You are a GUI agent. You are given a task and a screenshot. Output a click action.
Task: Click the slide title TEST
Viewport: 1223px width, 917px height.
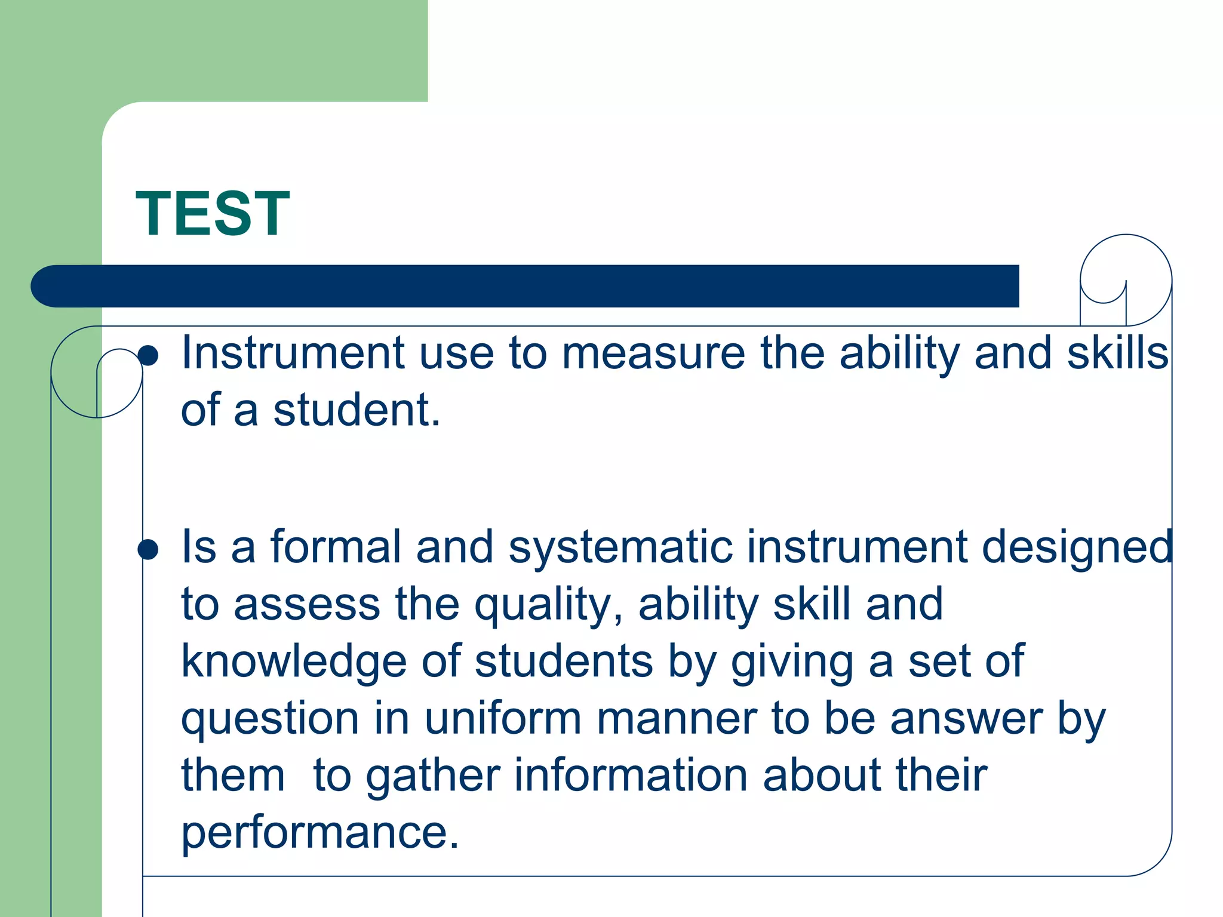click(x=213, y=214)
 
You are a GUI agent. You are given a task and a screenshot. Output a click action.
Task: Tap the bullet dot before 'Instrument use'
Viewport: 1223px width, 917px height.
click(x=148, y=356)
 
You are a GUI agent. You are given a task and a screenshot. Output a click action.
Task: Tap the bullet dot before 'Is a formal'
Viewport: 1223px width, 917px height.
click(x=148, y=549)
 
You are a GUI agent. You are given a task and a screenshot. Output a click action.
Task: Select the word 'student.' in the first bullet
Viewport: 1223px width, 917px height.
click(x=357, y=411)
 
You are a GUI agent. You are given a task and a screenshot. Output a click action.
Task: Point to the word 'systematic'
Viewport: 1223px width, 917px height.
click(x=620, y=547)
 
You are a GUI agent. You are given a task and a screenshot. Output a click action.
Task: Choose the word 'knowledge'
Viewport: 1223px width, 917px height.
click(x=294, y=662)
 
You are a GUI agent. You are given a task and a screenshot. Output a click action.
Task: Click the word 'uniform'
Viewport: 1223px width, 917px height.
click(x=503, y=718)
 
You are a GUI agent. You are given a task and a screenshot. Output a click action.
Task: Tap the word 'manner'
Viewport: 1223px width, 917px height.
click(x=677, y=718)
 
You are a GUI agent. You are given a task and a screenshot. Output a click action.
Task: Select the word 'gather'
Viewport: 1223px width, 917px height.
click(x=432, y=776)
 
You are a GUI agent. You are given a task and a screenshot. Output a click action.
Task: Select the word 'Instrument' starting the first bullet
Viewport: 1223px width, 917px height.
click(x=293, y=353)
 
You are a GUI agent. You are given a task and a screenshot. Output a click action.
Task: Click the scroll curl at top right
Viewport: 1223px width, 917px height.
click(x=1125, y=279)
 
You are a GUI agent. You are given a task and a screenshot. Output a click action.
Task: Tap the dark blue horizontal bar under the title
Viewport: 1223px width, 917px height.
click(x=526, y=286)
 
